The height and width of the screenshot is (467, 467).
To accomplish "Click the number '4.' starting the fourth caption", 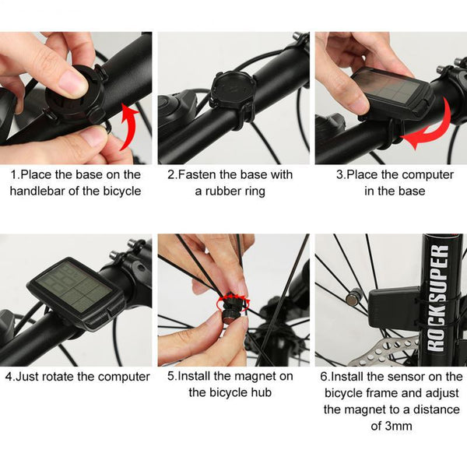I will coord(9,377).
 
